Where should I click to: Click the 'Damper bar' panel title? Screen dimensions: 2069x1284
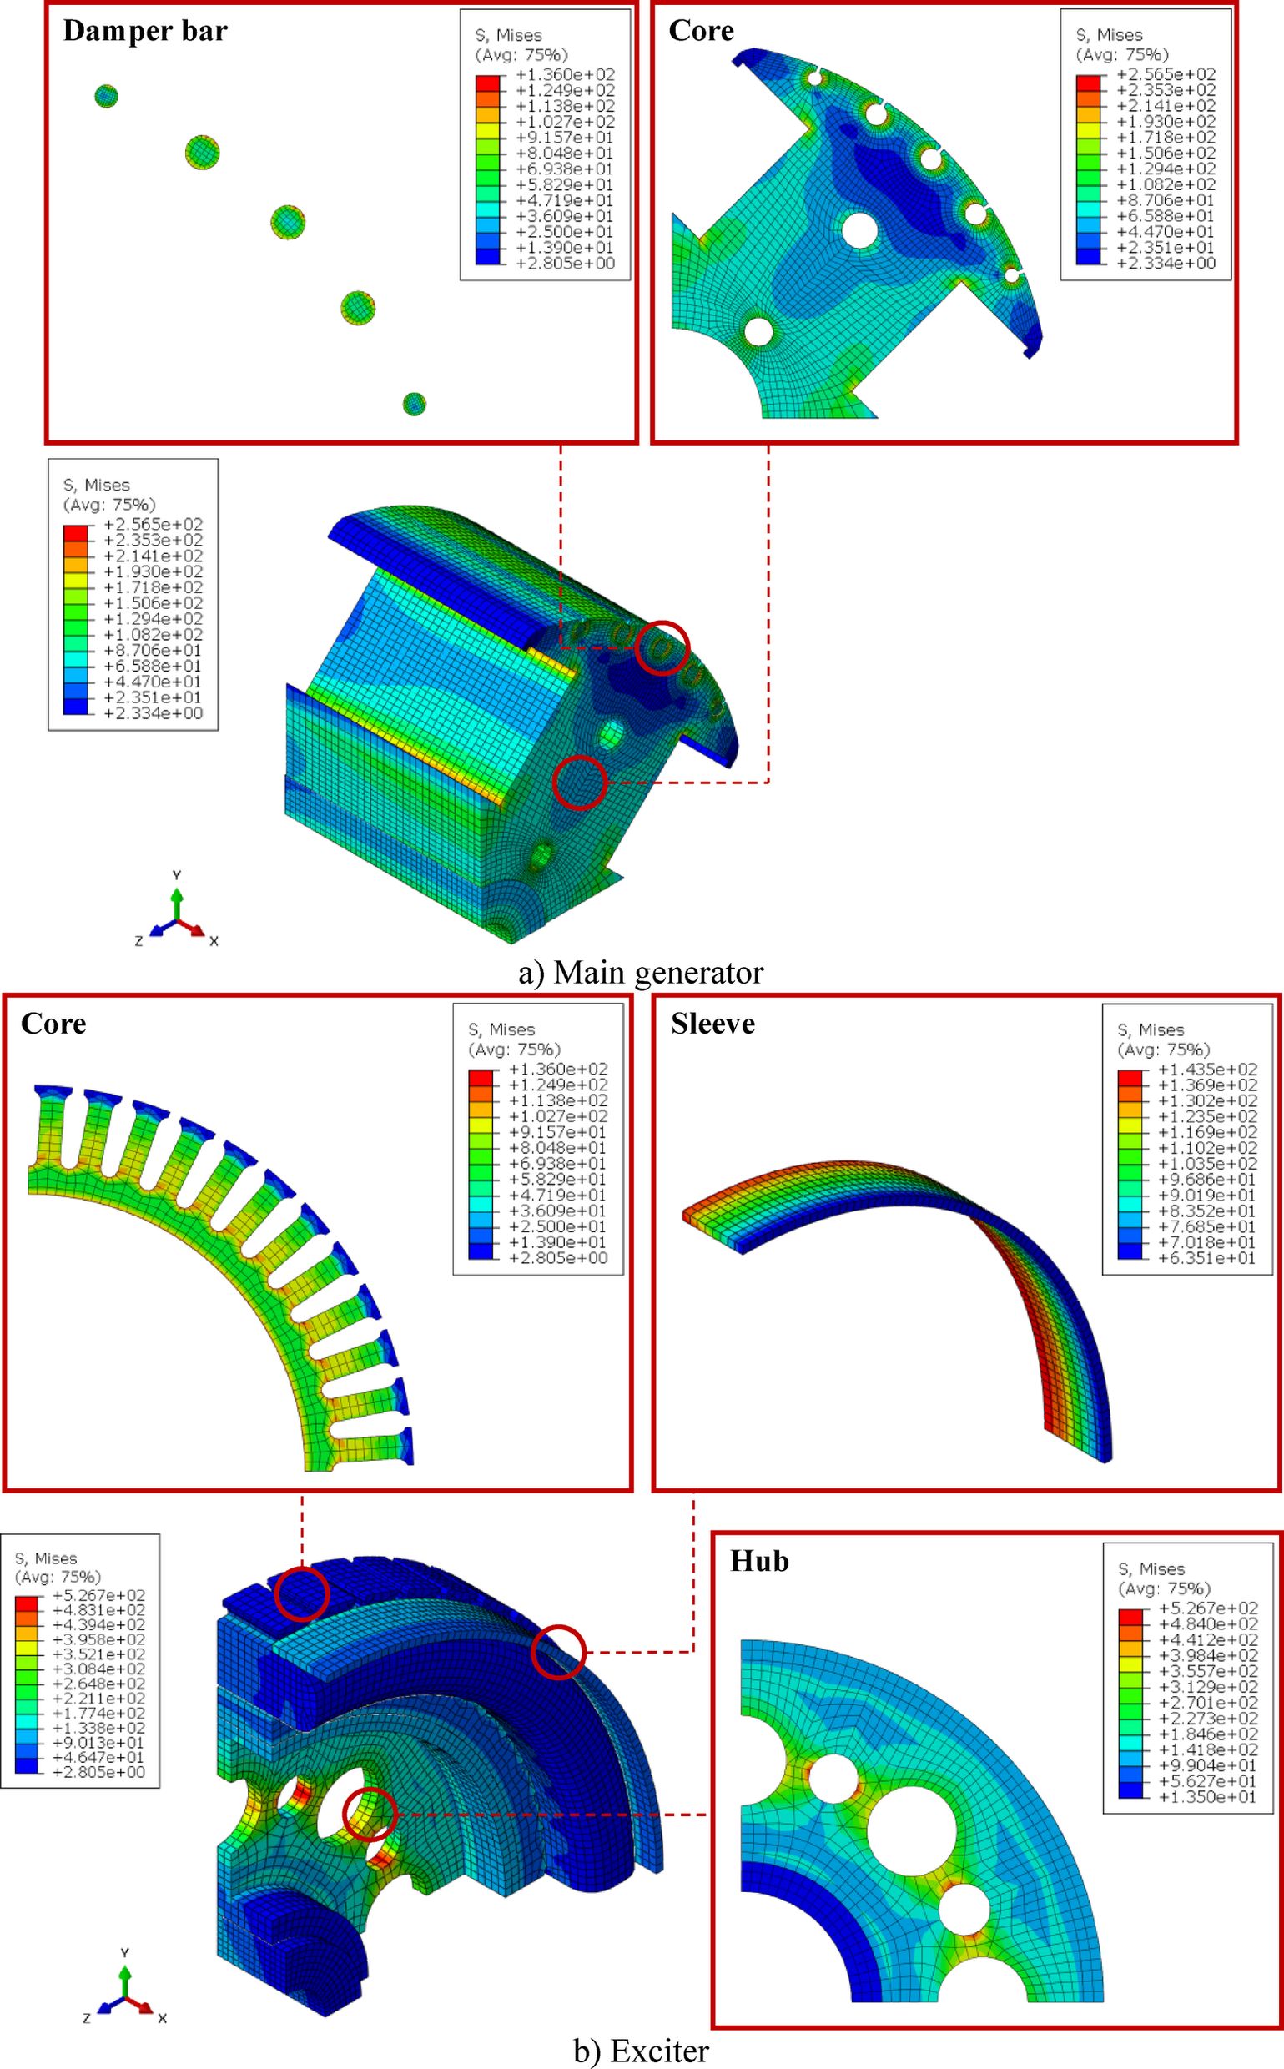(145, 32)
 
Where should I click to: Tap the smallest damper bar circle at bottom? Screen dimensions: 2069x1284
(414, 404)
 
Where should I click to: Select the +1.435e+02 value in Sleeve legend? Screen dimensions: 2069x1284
(1206, 1070)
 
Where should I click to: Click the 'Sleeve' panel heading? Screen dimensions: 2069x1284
(712, 1024)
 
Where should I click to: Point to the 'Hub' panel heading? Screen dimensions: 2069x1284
(759, 1561)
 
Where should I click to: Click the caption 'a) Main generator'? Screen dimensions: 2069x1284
(641, 973)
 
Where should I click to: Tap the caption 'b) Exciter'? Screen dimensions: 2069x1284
(641, 2051)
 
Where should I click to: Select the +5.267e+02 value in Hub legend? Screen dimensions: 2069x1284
(1206, 1608)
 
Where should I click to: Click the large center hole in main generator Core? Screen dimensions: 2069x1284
(859, 230)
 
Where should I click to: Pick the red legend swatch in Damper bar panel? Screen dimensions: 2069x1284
(487, 83)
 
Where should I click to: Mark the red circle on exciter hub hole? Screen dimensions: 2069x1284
(370, 1815)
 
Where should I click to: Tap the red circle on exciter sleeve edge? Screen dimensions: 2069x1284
(558, 1652)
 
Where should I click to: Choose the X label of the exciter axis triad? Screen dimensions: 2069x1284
(162, 2018)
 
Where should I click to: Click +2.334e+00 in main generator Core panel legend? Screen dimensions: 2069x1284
(1165, 263)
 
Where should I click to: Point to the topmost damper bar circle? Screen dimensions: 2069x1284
(106, 96)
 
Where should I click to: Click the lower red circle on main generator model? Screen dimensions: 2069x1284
(579, 782)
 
